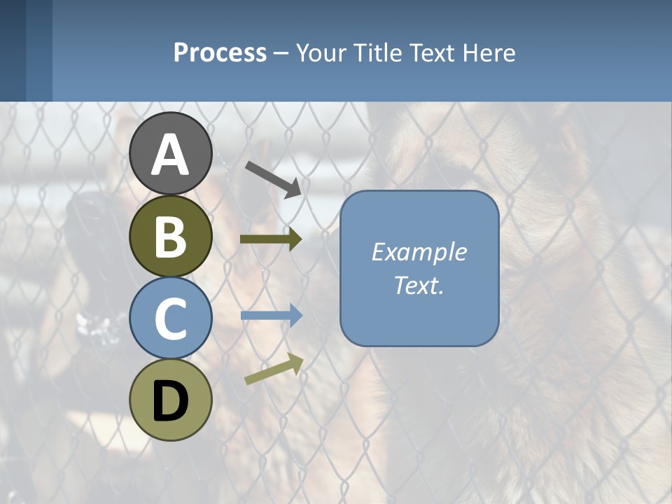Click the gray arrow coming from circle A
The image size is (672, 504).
274,178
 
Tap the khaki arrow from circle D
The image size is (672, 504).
274,369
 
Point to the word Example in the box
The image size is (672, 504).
419,252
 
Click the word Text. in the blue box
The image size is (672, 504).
419,286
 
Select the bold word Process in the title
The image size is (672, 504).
220,53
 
